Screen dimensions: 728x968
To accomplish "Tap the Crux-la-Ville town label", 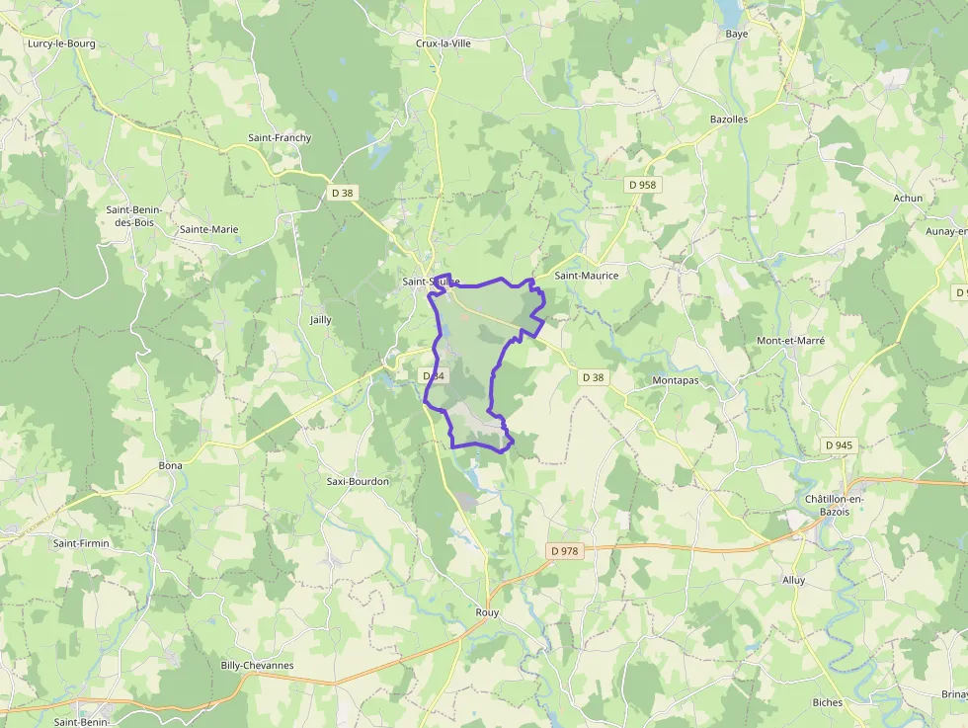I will [x=444, y=43].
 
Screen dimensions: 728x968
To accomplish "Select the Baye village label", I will [x=737, y=34].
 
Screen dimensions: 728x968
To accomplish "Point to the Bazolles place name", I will [x=729, y=119].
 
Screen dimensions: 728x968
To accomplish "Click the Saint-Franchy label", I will [x=280, y=137].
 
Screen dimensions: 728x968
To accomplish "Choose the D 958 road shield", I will [x=641, y=185].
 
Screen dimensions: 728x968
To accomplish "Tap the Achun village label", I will [x=908, y=198].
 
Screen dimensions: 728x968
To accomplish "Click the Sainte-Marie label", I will [x=208, y=229].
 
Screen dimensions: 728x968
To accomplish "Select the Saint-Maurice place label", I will [x=587, y=276].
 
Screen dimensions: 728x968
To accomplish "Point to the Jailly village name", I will [x=321, y=319].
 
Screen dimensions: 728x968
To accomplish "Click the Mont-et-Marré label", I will [x=790, y=340].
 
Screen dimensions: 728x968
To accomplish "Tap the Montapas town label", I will [x=676, y=379].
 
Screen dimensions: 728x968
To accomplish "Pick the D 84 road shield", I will [x=434, y=376].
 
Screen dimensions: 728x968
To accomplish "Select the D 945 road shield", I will [x=839, y=445].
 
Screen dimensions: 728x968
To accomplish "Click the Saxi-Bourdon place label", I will [x=358, y=481].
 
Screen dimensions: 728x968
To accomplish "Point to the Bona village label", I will [x=171, y=464].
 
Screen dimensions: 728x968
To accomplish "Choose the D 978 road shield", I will [x=563, y=550].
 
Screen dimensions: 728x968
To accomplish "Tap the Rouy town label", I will [x=487, y=612].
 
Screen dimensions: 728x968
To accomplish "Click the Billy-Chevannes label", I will [x=257, y=665].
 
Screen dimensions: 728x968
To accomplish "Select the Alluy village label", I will [x=793, y=580].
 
